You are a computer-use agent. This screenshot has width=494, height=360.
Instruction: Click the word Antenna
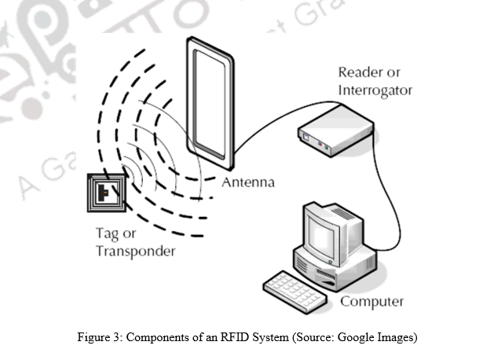pyautogui.click(x=248, y=182)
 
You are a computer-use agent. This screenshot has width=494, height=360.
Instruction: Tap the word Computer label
pyautogui.click(x=371, y=301)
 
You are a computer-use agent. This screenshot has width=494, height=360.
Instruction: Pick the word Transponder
pyautogui.click(x=135, y=252)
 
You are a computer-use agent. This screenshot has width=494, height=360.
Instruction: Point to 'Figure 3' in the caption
pyautogui.click(x=99, y=339)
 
